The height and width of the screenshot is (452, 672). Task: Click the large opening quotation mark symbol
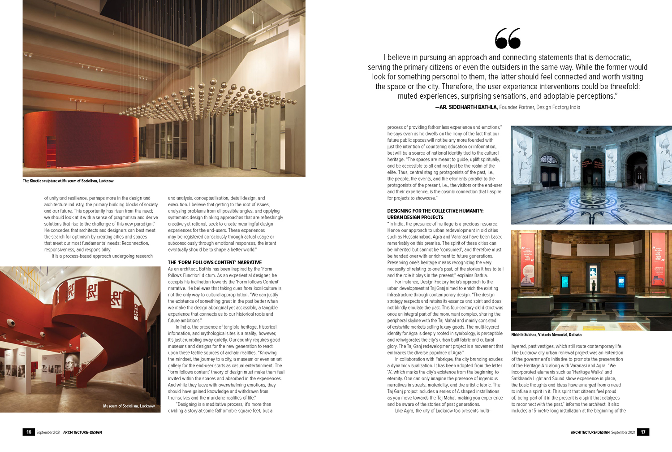pos(508,39)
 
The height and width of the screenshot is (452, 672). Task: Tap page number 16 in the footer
pos(29,432)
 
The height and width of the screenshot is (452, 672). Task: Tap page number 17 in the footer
pos(643,432)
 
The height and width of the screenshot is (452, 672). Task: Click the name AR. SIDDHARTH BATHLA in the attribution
pos(466,108)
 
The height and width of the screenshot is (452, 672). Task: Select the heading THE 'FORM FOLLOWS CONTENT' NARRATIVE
pos(215,262)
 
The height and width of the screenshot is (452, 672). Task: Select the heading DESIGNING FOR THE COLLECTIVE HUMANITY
pos(435,211)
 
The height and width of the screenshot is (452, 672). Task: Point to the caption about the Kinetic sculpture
pos(68,181)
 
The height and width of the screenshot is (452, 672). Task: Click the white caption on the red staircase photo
pos(129,406)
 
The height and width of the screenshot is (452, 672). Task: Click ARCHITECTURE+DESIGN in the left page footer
pos(82,433)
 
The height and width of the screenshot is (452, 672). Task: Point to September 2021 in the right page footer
pos(623,433)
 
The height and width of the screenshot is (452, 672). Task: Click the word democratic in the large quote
pos(609,57)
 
